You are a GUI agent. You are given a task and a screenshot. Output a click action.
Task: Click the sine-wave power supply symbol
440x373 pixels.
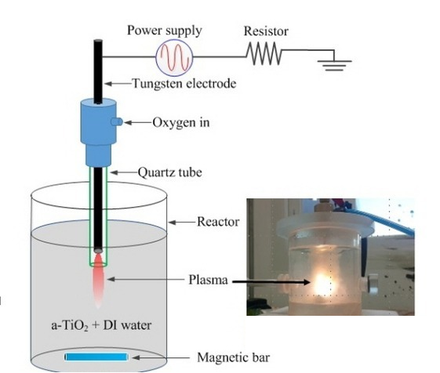[174, 57]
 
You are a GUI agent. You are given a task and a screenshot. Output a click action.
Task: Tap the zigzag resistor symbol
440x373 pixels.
[264, 53]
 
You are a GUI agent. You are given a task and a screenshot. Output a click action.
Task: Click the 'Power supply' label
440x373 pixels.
[164, 31]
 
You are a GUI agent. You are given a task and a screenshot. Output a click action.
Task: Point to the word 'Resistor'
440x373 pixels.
[266, 31]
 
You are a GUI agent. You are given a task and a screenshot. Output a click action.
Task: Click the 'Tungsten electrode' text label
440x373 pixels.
[184, 83]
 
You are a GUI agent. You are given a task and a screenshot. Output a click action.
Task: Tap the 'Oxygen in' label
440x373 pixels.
[181, 122]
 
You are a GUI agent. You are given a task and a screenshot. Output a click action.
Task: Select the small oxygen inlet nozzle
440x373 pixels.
[117, 121]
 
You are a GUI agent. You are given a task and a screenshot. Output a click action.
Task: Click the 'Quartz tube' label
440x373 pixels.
[169, 172]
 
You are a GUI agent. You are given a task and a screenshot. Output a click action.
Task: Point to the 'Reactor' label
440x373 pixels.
[218, 222]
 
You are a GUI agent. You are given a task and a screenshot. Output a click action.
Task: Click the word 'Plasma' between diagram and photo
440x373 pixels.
[208, 280]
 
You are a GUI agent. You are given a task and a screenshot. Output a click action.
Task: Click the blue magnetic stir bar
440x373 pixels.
[96, 357]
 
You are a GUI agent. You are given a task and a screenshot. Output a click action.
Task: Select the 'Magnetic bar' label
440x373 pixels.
[234, 357]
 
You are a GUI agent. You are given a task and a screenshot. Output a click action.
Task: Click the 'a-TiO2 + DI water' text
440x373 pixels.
[101, 325]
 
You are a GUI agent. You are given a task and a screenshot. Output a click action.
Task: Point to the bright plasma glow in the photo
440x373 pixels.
[322, 283]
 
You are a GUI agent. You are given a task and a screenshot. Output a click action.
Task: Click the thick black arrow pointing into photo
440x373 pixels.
[271, 282]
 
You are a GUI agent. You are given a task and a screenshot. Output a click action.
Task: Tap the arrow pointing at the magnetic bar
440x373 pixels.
[161, 357]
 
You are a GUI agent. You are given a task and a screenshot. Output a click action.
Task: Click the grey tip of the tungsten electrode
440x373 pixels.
[98, 250]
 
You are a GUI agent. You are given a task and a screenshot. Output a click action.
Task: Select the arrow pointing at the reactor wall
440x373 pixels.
[182, 223]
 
